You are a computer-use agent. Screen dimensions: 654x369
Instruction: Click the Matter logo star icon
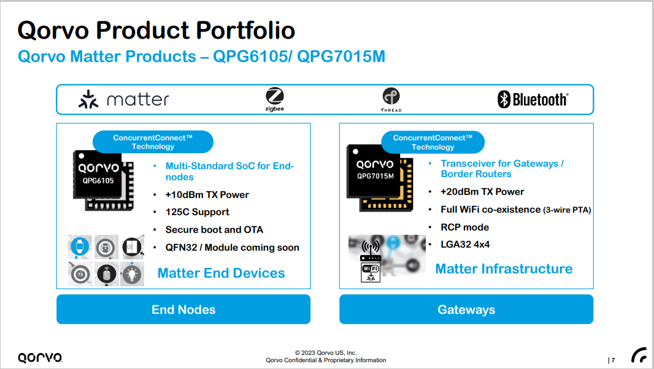click(88, 99)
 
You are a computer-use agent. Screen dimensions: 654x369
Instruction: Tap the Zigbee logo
click(275, 99)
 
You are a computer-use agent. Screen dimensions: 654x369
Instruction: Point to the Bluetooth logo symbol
click(504, 99)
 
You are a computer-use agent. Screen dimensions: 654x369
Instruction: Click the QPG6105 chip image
click(104, 180)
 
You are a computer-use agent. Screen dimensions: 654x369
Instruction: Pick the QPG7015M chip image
click(380, 178)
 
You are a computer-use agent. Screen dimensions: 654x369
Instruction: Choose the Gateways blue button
click(466, 310)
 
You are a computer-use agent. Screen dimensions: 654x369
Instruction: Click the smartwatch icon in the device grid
click(80, 247)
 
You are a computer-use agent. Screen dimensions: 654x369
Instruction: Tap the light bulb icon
click(133, 274)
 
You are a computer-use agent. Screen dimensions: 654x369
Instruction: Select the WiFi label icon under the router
click(371, 273)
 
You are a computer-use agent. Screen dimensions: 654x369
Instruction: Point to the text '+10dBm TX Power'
click(207, 195)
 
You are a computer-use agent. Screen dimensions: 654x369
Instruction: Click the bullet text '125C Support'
click(198, 212)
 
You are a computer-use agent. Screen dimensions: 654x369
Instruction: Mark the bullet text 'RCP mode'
click(464, 227)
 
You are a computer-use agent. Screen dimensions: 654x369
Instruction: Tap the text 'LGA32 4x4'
click(465, 245)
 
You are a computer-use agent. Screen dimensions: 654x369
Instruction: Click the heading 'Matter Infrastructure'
click(504, 269)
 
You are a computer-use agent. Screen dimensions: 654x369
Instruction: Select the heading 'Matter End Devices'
click(221, 273)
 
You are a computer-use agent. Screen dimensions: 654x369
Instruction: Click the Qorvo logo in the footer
click(40, 357)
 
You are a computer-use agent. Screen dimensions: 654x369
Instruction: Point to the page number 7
click(613, 360)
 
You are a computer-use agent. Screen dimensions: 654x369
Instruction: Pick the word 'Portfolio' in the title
click(245, 30)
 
